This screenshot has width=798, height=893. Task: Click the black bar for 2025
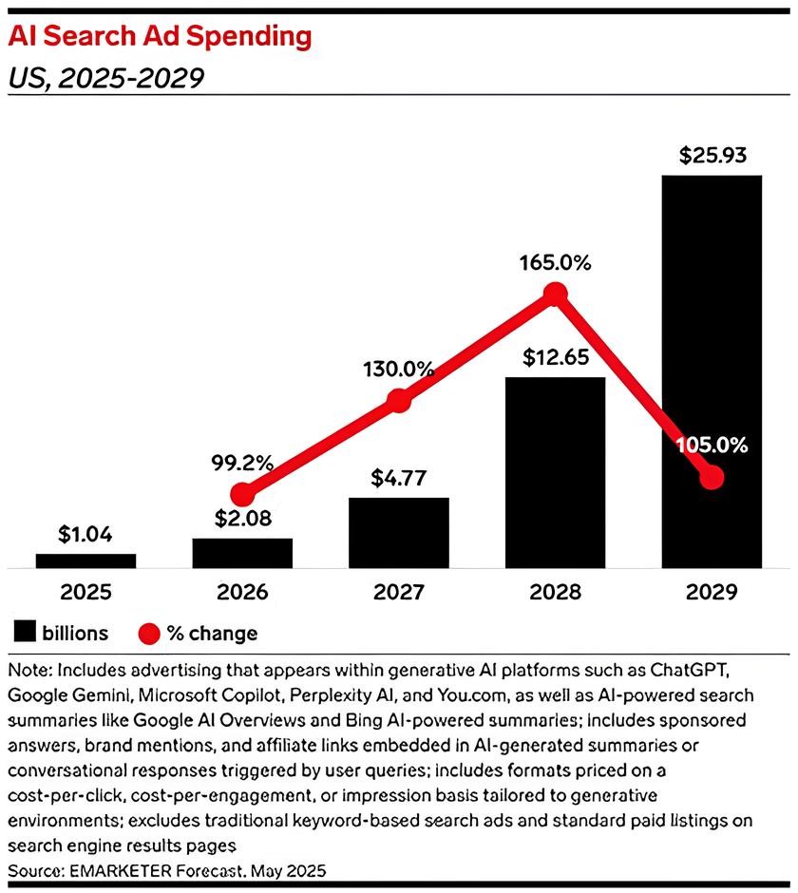click(85, 560)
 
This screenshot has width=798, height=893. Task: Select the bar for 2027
click(399, 532)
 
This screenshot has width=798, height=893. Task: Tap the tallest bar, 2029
click(712, 370)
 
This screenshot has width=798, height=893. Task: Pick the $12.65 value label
click(556, 358)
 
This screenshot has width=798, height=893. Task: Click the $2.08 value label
click(242, 519)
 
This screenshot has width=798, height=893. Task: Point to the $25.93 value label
click(712, 156)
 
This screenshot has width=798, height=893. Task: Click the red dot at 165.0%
click(556, 294)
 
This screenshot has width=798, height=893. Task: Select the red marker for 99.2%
click(243, 494)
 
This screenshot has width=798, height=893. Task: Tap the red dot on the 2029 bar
click(712, 478)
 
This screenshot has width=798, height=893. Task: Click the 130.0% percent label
click(399, 368)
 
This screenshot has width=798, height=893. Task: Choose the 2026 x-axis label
click(242, 593)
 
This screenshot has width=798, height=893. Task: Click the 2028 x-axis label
click(556, 593)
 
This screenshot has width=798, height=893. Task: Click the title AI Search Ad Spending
click(160, 37)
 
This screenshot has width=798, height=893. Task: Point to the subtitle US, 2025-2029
click(106, 77)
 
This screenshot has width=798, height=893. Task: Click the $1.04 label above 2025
click(85, 535)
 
